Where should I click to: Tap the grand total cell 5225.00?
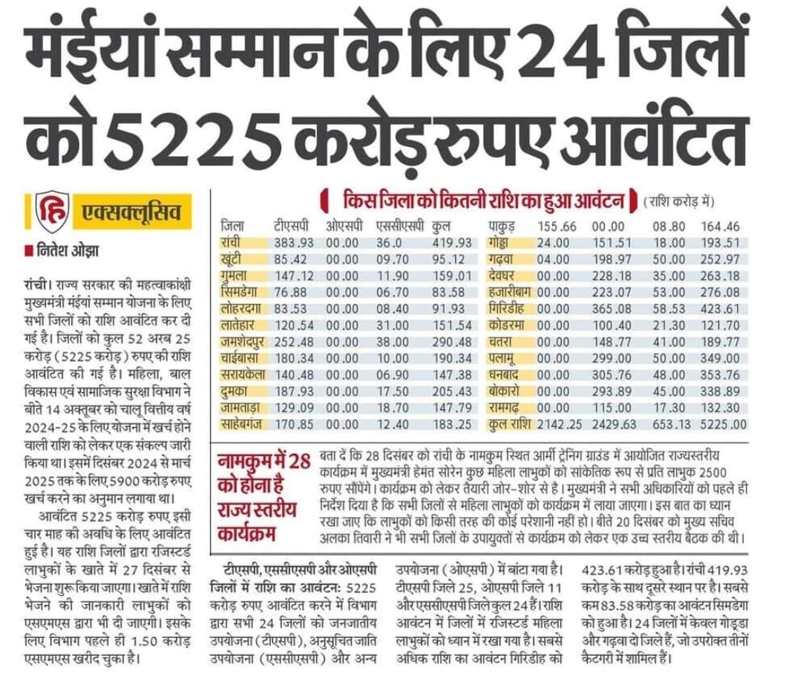721,425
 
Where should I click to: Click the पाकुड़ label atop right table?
508,225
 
